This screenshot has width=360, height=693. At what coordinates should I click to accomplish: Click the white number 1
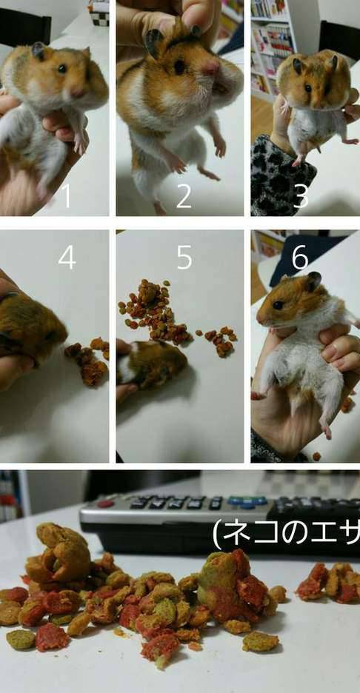pyautogui.click(x=67, y=195)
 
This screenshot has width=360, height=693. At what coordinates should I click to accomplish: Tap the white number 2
pyautogui.click(x=184, y=195)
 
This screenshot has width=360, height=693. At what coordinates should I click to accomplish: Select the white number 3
pyautogui.click(x=301, y=195)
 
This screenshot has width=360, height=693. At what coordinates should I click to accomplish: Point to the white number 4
pyautogui.click(x=67, y=257)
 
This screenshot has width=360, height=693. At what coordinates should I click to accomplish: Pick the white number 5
pyautogui.click(x=184, y=257)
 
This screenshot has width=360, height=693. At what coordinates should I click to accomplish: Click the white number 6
pyautogui.click(x=300, y=257)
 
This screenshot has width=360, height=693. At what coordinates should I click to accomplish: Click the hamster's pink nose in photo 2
pyautogui.click(x=211, y=67)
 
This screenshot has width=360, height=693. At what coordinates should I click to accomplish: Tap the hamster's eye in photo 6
pyautogui.click(x=279, y=305)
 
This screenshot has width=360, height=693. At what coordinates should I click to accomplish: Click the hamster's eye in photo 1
pyautogui.click(x=62, y=69)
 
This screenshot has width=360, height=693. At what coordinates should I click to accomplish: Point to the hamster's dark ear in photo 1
pyautogui.click(x=39, y=51)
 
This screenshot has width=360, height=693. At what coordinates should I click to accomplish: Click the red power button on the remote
pyautogui.click(x=105, y=503)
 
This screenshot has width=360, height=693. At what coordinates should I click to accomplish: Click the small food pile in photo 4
pyautogui.click(x=88, y=360)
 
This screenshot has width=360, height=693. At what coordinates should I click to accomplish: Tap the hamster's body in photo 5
pyautogui.click(x=152, y=364)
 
